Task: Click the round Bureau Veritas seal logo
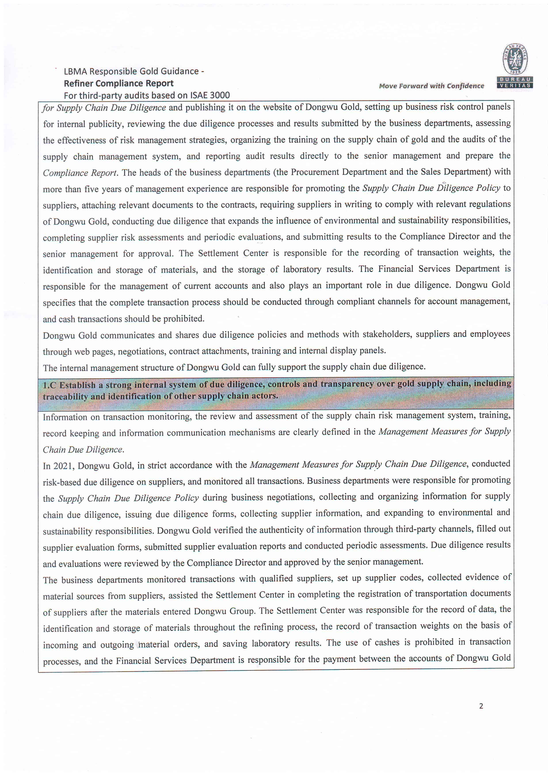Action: (515, 59)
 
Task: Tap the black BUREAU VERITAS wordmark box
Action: (515, 82)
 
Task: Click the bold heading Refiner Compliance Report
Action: (118, 83)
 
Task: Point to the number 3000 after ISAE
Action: (219, 95)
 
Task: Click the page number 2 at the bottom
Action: (481, 706)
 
